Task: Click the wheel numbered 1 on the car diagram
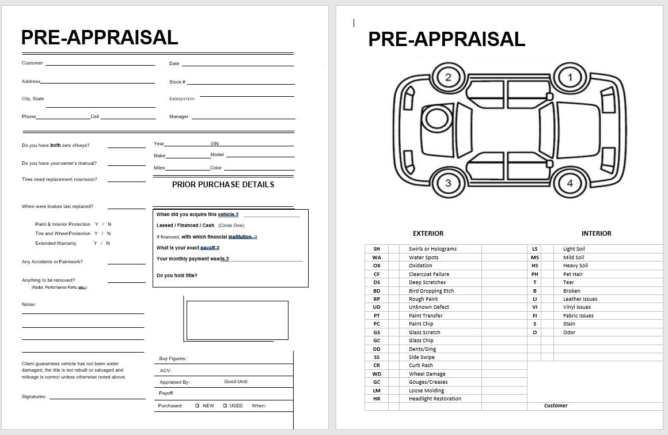click(x=570, y=77)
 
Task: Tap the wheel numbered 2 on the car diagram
click(x=449, y=77)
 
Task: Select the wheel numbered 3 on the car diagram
click(x=449, y=184)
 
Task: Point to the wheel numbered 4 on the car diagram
click(x=570, y=184)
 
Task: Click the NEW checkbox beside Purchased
click(x=198, y=406)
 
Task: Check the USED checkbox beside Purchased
click(x=225, y=406)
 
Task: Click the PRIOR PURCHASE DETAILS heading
click(x=223, y=184)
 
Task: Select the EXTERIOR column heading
click(x=428, y=233)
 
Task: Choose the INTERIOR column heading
click(x=596, y=233)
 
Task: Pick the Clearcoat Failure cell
click(x=429, y=274)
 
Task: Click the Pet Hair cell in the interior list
click(x=573, y=274)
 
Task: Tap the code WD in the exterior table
click(x=377, y=374)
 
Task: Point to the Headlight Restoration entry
click(x=435, y=399)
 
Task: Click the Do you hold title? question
click(x=177, y=275)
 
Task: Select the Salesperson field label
click(x=182, y=99)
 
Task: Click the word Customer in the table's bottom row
click(x=556, y=406)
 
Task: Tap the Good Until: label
click(x=236, y=381)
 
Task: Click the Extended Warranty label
click(x=56, y=243)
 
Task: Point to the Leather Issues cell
click(x=580, y=299)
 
